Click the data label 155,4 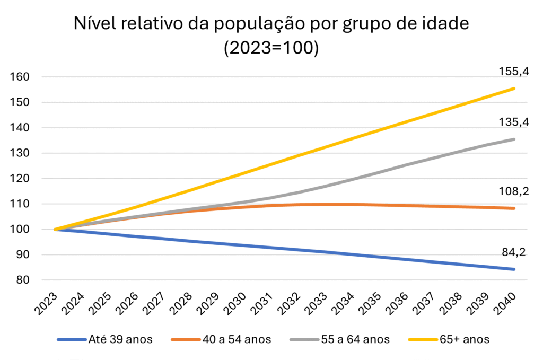click(513, 72)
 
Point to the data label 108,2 click(513, 191)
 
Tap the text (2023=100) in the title click(271, 48)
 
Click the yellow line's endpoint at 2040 click(514, 89)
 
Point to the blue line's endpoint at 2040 click(514, 269)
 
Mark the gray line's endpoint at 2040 click(514, 139)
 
